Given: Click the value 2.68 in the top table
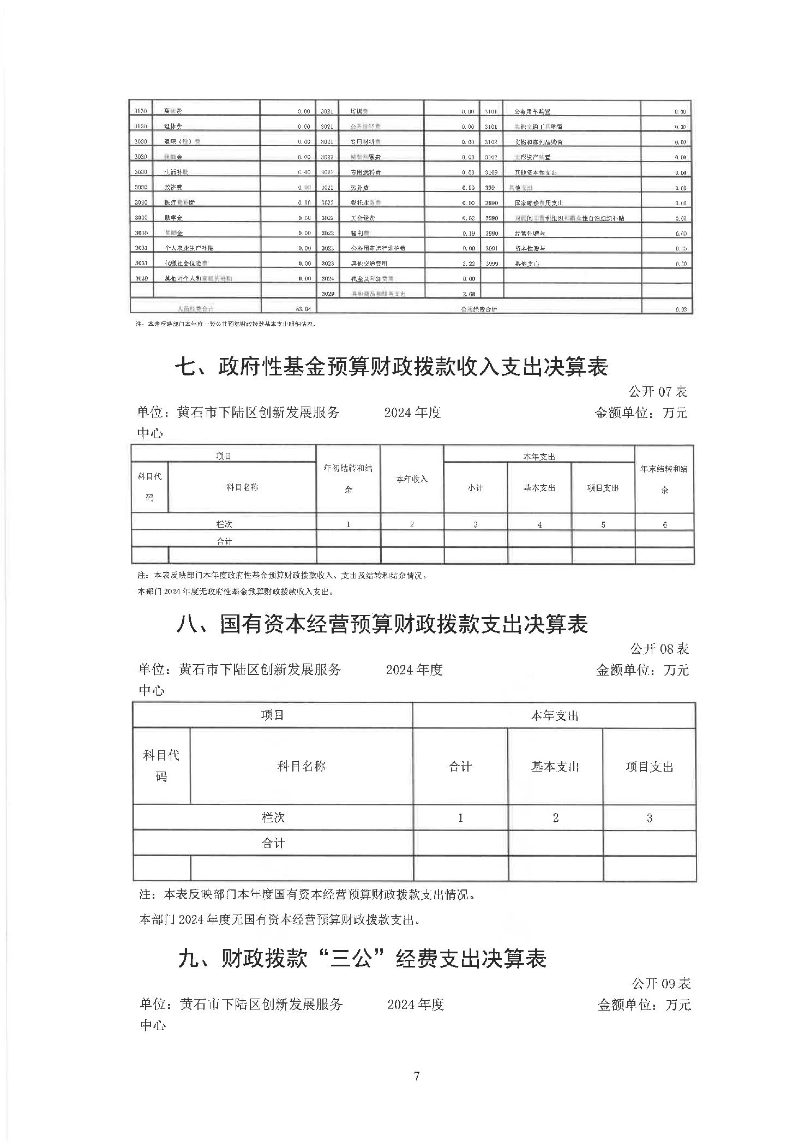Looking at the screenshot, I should click(x=468, y=294).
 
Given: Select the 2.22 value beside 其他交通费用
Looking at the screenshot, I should click(x=468, y=264).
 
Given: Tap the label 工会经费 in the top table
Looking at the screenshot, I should click(x=363, y=218).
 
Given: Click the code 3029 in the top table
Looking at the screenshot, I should click(x=327, y=294).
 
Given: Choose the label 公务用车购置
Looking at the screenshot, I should click(x=532, y=112).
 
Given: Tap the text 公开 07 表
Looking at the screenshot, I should click(x=658, y=391).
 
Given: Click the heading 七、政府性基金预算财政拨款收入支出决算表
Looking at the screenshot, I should click(x=391, y=367).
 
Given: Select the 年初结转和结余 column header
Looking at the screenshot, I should click(x=348, y=479).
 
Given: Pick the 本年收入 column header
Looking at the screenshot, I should click(x=412, y=479).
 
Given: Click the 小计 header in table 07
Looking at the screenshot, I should click(x=475, y=488).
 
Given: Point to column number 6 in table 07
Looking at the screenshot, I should click(x=665, y=524).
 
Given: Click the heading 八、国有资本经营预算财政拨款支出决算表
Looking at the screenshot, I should click(x=382, y=624).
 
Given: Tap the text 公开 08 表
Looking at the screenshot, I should click(x=659, y=649).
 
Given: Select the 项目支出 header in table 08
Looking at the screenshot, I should click(x=649, y=767).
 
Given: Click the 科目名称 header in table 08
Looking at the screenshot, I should click(x=301, y=766).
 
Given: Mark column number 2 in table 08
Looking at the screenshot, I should click(x=555, y=817).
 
